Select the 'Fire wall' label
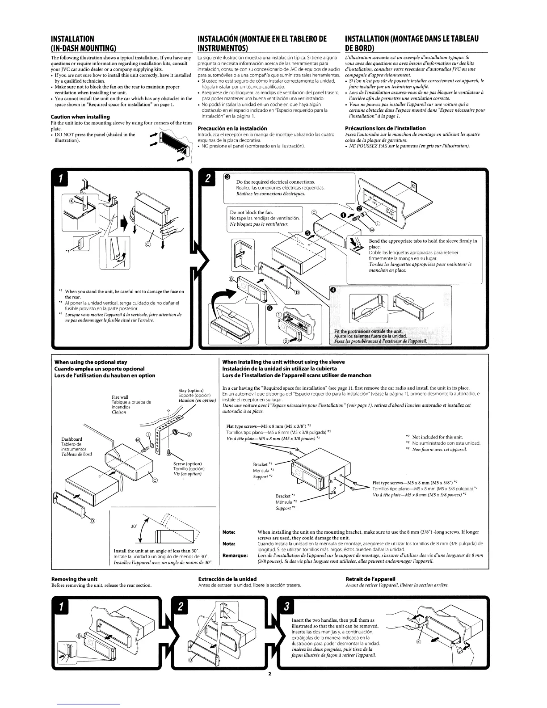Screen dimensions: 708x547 tap(120, 397)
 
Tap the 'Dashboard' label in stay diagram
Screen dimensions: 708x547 tap(72, 439)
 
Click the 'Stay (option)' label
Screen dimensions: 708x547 tap(191, 391)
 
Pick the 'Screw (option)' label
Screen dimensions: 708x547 tap(187, 464)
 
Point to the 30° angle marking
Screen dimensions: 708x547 tap(134, 527)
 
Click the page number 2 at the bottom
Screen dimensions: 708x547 tap(270, 674)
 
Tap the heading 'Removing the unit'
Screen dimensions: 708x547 tap(74, 579)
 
